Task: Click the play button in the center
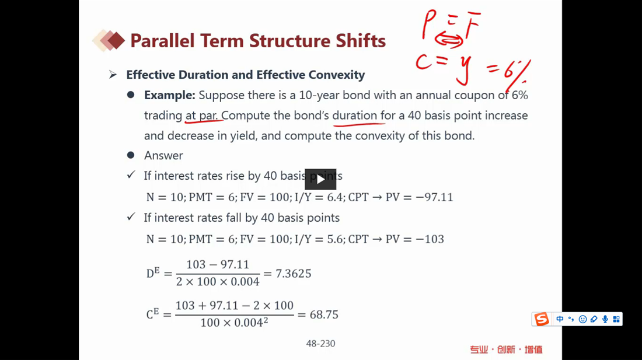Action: pos(320,179)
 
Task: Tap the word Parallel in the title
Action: pos(162,41)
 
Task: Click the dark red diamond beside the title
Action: pos(116,41)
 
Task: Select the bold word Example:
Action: pos(169,95)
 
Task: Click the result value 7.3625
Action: pos(293,273)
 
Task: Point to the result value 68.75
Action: pos(324,314)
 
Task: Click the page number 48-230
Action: pos(320,344)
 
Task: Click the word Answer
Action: pos(163,155)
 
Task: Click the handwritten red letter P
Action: pos(428,25)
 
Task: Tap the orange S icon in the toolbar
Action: pos(541,319)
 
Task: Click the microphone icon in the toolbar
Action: pos(605,319)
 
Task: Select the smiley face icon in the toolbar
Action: pos(582,319)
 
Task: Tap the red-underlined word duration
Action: pos(355,116)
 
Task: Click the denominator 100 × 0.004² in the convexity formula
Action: pos(234,323)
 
